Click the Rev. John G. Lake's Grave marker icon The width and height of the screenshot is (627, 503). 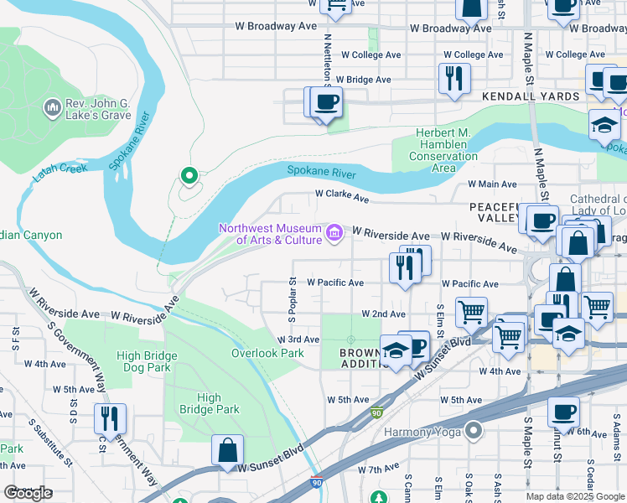pos(51,107)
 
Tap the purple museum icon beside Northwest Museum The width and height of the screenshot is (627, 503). pos(334,232)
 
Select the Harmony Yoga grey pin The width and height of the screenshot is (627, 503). pos(474,432)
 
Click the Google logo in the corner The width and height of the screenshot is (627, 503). pos(28,493)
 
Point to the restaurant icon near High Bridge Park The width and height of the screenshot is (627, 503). pos(110,418)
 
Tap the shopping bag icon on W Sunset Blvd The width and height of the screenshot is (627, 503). pos(227,449)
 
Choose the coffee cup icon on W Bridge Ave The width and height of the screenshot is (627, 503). pos(326,102)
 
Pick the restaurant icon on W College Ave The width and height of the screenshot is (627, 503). pos(454,78)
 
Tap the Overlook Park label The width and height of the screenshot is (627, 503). pos(267,353)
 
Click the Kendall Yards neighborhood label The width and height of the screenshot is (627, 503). pos(531,96)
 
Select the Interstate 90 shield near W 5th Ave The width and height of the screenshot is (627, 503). pos(378,414)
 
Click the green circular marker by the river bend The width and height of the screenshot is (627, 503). pos(189,175)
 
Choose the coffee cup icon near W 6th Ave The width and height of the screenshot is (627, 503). pos(563,412)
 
